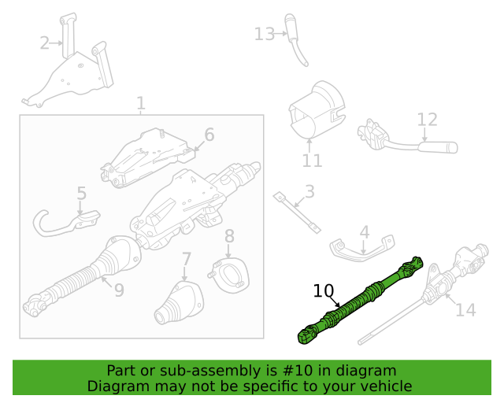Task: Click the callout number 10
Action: click(324, 291)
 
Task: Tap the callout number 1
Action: click(140, 103)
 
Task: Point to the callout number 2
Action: click(44, 43)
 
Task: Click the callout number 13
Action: click(264, 34)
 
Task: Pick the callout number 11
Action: click(312, 161)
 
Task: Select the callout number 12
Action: click(427, 120)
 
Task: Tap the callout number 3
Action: click(309, 190)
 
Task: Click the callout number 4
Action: click(364, 232)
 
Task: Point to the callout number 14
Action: click(465, 310)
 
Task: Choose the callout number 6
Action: click(209, 134)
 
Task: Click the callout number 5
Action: click(81, 193)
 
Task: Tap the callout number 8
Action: click(229, 235)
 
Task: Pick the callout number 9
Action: click(118, 290)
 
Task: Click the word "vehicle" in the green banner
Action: click(384, 386)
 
